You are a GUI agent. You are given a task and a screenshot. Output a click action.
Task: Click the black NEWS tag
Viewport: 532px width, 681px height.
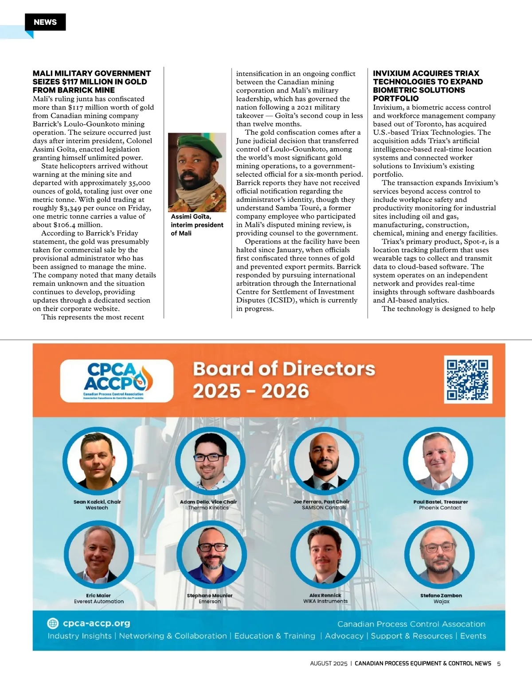click(x=45, y=22)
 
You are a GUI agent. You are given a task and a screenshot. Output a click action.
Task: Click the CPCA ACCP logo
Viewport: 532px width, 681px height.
click(x=116, y=381)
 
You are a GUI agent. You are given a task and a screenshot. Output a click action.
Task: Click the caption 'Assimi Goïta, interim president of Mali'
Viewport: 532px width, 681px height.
click(x=197, y=225)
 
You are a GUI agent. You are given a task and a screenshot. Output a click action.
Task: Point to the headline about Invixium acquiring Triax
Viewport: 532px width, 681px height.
click(x=427, y=86)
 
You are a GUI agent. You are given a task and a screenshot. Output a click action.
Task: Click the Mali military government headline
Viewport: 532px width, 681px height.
click(x=91, y=82)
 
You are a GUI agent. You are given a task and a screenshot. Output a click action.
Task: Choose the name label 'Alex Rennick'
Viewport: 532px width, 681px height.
click(x=325, y=595)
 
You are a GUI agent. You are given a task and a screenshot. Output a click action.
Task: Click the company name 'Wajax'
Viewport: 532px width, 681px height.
click(x=441, y=601)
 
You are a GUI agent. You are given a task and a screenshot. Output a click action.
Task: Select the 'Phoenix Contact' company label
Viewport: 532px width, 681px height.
click(x=440, y=508)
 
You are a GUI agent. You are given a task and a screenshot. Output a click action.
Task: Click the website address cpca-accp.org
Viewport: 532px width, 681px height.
click(x=96, y=623)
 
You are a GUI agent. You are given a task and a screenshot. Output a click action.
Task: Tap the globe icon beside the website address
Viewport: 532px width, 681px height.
click(x=53, y=623)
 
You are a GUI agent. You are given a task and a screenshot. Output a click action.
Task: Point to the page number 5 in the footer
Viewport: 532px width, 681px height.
click(x=499, y=663)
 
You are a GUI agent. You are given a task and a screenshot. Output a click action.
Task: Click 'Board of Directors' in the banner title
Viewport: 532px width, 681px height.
click(x=284, y=369)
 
